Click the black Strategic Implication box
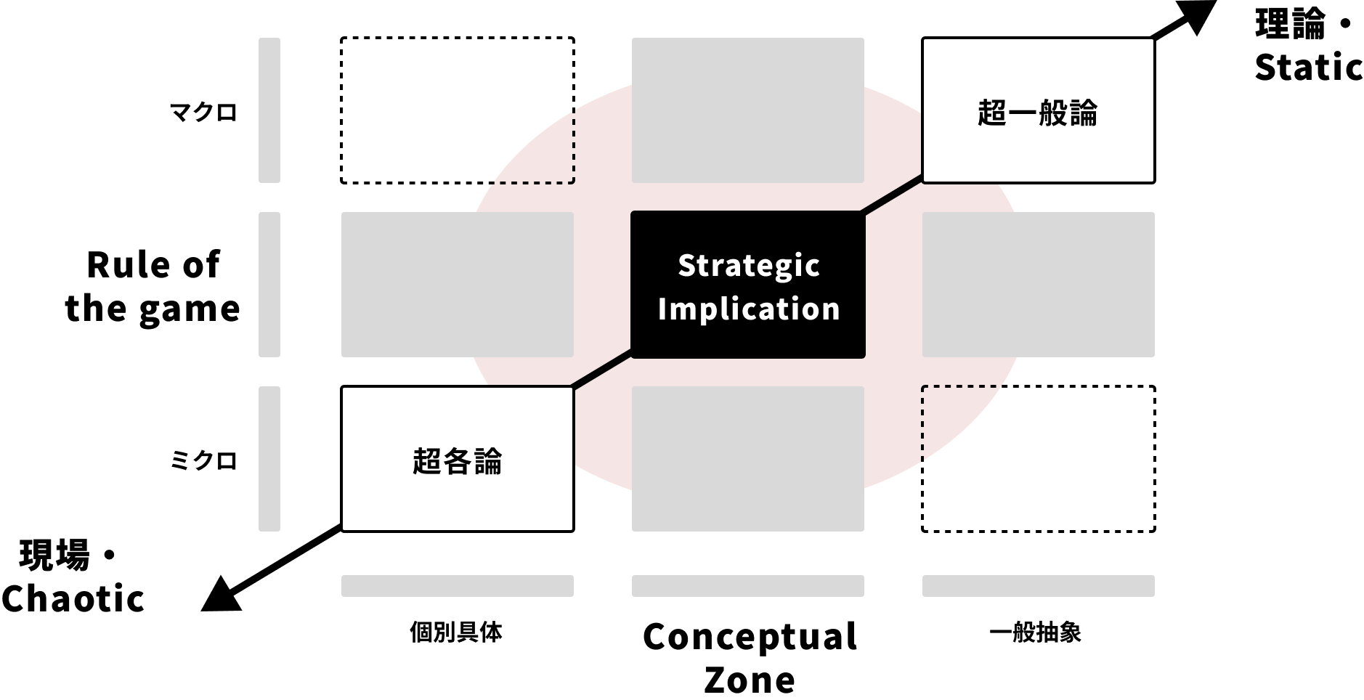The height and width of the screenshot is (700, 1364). point(748,285)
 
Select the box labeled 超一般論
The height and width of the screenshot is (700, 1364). point(1039,110)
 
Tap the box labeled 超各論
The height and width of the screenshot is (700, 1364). point(458,459)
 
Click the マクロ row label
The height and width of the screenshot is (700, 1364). point(203,113)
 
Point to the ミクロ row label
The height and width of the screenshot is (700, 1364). point(203,460)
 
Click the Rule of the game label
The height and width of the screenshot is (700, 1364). point(153,286)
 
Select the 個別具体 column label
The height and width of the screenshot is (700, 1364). point(456,632)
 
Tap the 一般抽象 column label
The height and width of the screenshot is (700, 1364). point(1036,632)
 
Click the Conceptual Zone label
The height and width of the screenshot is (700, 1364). point(750,658)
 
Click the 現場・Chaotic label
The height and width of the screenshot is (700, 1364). point(73,577)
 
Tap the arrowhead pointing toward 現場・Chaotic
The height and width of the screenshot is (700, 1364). point(223,594)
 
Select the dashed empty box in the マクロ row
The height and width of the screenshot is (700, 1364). point(458,110)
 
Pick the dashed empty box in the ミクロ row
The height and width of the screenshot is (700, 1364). point(1039,459)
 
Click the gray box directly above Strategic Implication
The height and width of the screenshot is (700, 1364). point(748,110)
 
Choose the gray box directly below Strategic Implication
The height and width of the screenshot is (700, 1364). point(748,459)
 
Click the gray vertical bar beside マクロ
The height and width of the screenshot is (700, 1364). point(269,110)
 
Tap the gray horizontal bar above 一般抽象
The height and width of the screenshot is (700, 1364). point(1039,586)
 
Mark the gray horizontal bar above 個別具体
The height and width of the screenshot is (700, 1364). point(458,586)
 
